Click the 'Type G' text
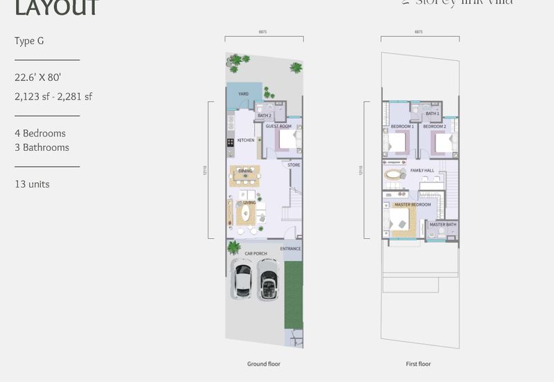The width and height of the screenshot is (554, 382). pos(29,41)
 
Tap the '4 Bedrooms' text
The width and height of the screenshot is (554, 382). pos(40,133)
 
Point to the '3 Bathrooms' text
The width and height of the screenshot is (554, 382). pos(42,147)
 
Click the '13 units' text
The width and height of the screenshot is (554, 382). pos(32,184)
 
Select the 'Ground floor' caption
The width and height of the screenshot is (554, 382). pos(264,364)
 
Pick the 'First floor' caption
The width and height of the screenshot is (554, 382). pos(418,364)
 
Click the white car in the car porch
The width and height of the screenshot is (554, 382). pos(243,279)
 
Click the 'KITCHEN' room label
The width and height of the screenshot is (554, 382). pos(246,140)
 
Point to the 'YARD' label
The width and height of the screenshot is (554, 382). pos(243,93)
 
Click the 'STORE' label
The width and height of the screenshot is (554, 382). pos(294,165)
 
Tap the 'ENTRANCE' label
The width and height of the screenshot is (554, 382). pos(291,248)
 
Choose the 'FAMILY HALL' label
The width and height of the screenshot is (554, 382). pos(422,170)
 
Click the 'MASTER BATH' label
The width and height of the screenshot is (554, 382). pos(443,224)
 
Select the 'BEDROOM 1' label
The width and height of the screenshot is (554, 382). pos(402,127)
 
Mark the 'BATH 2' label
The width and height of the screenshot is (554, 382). pos(265,116)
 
